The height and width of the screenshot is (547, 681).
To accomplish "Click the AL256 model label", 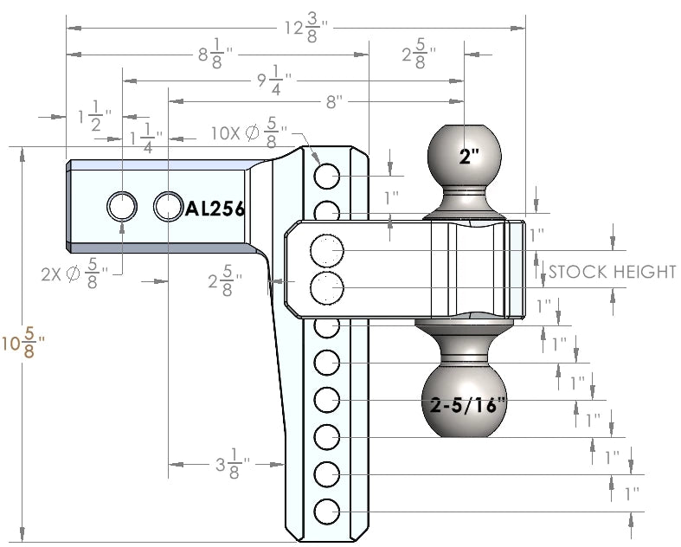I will click(215, 209).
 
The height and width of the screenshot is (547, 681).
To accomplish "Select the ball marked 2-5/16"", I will click(468, 403).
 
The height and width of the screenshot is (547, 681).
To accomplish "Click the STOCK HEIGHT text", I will click(612, 273).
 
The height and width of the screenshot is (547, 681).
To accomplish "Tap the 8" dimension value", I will click(335, 102).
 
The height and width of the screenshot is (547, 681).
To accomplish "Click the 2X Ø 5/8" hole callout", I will click(74, 276).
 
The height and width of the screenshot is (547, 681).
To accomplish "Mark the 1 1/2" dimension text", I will click(91, 117).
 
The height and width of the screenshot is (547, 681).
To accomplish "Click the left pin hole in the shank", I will click(121, 206).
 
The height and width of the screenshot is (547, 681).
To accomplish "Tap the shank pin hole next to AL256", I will click(167, 206).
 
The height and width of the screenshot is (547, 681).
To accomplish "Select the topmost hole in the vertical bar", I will click(326, 177).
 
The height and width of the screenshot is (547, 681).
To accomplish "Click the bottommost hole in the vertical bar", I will click(326, 512).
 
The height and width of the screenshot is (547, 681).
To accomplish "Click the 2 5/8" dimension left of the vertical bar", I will click(224, 282).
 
